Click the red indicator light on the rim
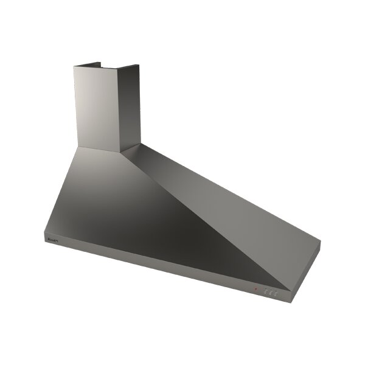(x=256, y=289)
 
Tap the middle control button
(x=270, y=291)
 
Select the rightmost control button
(x=275, y=292)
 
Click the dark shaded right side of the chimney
(x=130, y=106)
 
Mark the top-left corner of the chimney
(x=74, y=66)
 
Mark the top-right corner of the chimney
(x=140, y=65)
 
